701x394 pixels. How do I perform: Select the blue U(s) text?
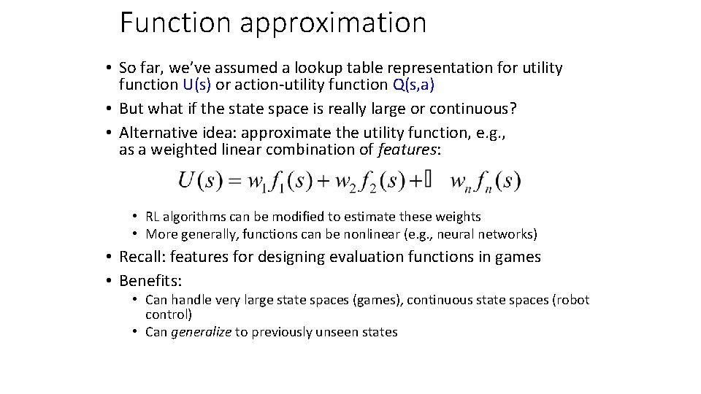197,85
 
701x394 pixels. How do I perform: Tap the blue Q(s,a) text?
413,85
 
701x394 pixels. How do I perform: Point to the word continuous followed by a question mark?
472,109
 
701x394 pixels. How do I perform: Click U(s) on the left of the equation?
200,180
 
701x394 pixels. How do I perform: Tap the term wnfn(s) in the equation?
486,181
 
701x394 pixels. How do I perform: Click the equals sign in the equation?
234,181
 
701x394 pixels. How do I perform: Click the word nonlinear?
345,234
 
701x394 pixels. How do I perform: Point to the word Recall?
142,257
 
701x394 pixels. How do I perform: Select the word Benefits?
150,281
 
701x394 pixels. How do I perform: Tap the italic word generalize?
201,332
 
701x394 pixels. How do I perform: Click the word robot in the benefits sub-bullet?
572,300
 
